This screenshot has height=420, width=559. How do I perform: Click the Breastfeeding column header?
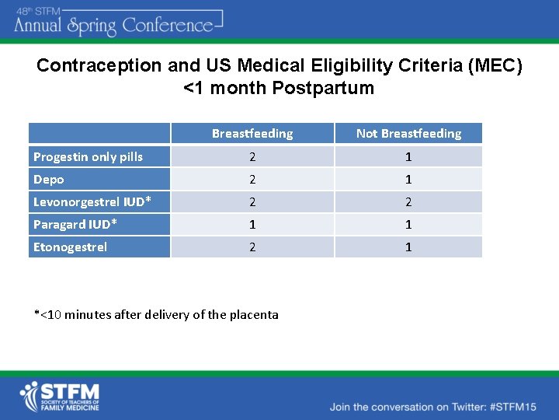click(x=252, y=134)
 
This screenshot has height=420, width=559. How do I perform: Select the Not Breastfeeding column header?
click(x=408, y=134)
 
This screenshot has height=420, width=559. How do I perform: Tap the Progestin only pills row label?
click(x=88, y=157)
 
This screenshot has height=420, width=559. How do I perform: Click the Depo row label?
click(x=49, y=180)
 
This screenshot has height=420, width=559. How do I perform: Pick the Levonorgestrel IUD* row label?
click(x=92, y=202)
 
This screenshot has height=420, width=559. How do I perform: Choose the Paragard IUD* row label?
click(x=75, y=225)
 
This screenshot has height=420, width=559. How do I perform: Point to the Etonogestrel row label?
click(x=70, y=247)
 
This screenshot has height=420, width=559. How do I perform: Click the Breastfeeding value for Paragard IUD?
click(x=252, y=225)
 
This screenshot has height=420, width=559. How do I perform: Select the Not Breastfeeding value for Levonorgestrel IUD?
click(x=408, y=202)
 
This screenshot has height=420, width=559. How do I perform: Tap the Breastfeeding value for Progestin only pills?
click(x=252, y=157)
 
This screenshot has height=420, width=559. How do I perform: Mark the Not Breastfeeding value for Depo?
click(x=408, y=180)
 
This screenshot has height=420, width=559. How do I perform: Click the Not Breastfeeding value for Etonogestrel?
click(x=408, y=247)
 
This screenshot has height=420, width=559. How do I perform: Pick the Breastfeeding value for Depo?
click(x=252, y=180)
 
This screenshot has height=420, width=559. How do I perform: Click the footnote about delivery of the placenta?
click(x=156, y=315)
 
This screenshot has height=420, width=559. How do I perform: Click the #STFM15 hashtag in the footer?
click(x=509, y=407)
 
